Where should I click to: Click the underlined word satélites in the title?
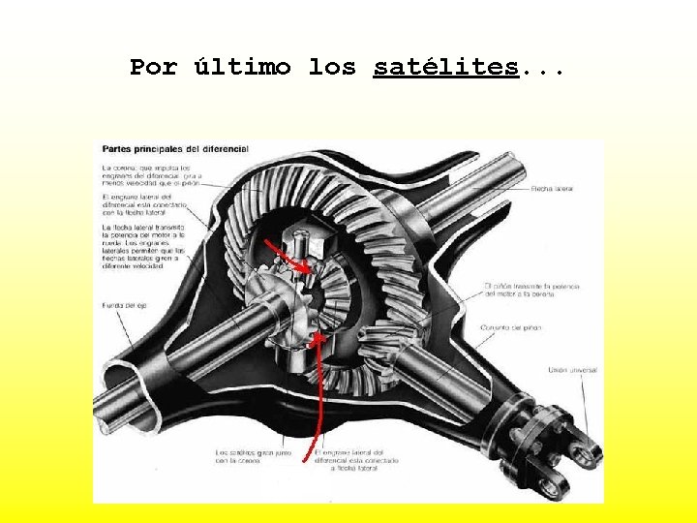pos(446,68)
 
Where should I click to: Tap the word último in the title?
pos(242,68)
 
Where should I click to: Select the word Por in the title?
pos(154,68)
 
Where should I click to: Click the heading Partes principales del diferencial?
pos(175,149)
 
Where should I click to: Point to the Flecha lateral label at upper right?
pos(552,188)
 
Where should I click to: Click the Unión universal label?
pos(572,370)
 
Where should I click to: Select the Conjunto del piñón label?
pos(511,328)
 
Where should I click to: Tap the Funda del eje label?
pos(125,306)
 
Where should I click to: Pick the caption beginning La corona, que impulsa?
pos(146,176)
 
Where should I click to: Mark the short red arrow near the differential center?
pos(294,258)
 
